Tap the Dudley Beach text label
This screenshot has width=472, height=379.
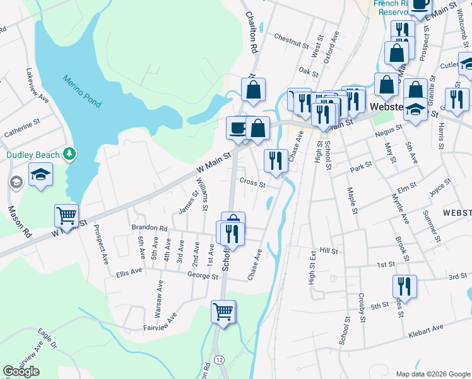point(32,155)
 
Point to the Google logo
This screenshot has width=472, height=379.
point(21,371)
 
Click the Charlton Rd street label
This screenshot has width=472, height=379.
point(252,32)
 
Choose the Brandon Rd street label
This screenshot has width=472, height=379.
point(149,227)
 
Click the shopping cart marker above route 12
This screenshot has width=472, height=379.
point(223,311)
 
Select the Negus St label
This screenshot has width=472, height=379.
point(387,129)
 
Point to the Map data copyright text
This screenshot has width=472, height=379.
point(432,373)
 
